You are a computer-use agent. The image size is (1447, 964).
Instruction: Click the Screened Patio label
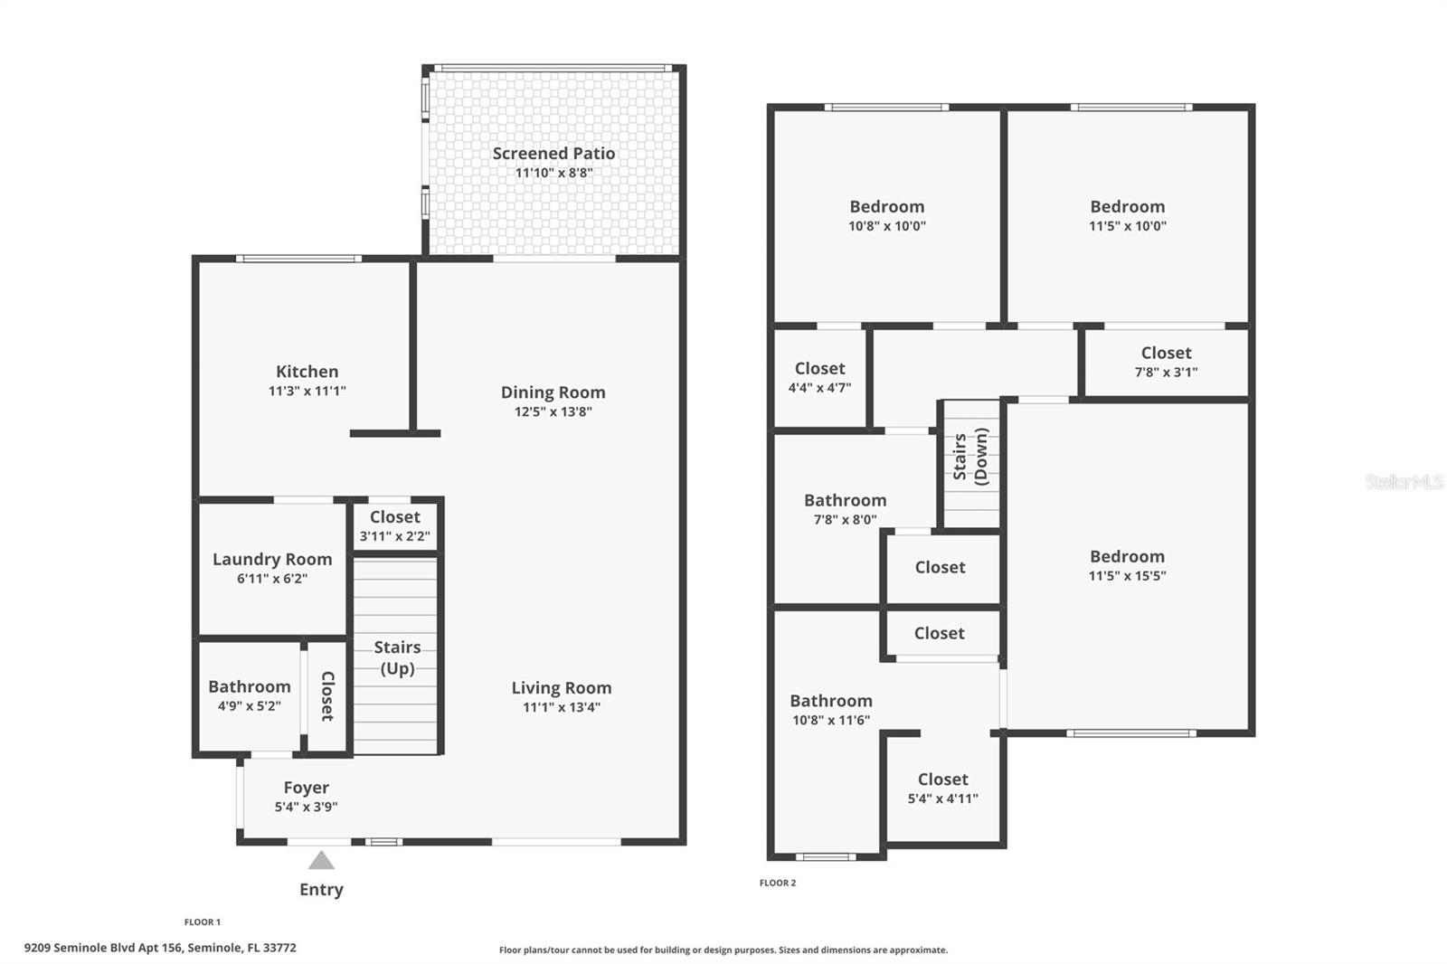(553, 154)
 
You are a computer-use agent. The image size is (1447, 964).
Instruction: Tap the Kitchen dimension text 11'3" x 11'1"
(307, 391)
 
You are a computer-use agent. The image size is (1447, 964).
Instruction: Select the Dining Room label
(553, 392)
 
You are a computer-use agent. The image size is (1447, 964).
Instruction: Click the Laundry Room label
(272, 559)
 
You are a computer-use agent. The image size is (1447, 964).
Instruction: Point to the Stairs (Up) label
(397, 657)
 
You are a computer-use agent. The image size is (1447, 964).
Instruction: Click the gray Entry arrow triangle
(321, 860)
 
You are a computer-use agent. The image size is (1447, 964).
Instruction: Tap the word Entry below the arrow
(321, 889)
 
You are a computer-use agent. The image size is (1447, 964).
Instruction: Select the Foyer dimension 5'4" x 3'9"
(306, 807)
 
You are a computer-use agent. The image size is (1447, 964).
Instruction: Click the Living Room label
(561, 688)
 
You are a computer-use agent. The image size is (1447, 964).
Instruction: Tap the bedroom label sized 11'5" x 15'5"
(1127, 557)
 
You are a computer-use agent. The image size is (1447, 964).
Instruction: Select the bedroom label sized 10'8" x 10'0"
(886, 207)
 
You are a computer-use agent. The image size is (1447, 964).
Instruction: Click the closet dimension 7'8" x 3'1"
(1166, 372)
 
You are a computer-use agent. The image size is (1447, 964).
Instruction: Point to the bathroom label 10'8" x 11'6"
(830, 701)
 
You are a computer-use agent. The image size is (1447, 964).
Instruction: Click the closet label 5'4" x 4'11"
(942, 780)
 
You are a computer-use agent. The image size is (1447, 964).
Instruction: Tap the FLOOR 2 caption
(778, 883)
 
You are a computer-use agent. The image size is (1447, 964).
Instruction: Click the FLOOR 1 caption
(202, 922)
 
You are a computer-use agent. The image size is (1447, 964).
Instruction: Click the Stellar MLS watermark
(1404, 482)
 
